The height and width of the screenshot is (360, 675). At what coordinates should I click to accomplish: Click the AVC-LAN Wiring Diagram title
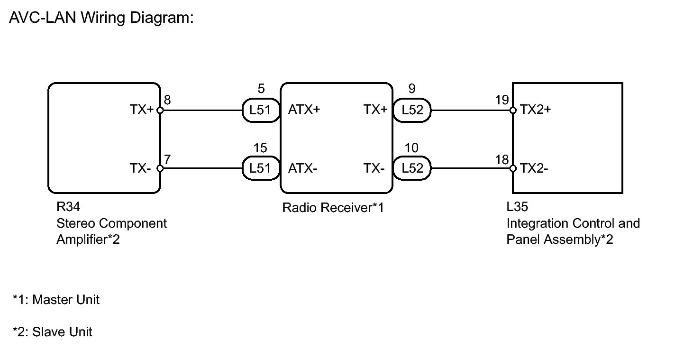click(102, 18)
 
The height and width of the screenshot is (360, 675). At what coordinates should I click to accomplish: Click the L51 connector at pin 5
click(261, 111)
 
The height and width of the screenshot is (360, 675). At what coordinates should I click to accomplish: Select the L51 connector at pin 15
click(261, 168)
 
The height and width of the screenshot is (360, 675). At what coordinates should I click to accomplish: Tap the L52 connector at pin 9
click(412, 111)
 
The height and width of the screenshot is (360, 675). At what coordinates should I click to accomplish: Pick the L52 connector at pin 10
click(412, 168)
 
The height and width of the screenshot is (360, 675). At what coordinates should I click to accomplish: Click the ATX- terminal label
click(302, 168)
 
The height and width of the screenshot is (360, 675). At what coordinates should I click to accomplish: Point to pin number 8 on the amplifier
click(167, 100)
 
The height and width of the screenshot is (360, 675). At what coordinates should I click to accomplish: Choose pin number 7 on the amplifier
click(167, 159)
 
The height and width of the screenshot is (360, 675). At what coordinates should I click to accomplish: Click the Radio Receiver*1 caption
click(333, 208)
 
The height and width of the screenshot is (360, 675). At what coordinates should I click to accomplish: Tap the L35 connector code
click(517, 207)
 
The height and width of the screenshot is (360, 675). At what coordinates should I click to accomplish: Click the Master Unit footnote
click(56, 300)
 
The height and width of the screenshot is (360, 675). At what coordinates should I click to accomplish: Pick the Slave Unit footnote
click(53, 332)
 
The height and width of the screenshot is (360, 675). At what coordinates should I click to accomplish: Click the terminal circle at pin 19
click(513, 111)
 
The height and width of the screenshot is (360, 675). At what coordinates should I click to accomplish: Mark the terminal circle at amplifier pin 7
click(160, 168)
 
